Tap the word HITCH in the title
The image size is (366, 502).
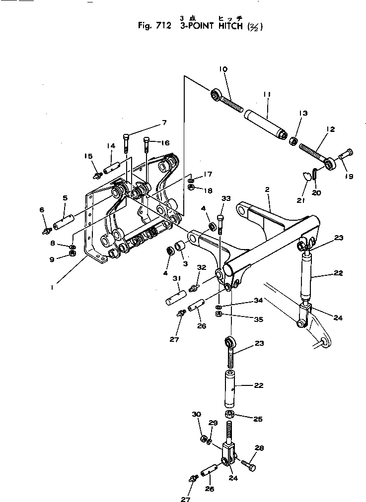tap(229, 26)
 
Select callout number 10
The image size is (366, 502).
tap(223, 70)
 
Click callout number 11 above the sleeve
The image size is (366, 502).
tap(266, 94)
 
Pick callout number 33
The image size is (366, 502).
tap(226, 198)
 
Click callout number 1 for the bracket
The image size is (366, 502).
tap(54, 285)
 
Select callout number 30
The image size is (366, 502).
tap(196, 414)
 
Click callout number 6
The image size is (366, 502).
tap(42, 210)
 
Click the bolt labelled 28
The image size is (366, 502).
tap(248, 466)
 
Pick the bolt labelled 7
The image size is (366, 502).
tap(126, 143)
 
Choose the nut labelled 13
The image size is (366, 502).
tap(293, 141)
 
